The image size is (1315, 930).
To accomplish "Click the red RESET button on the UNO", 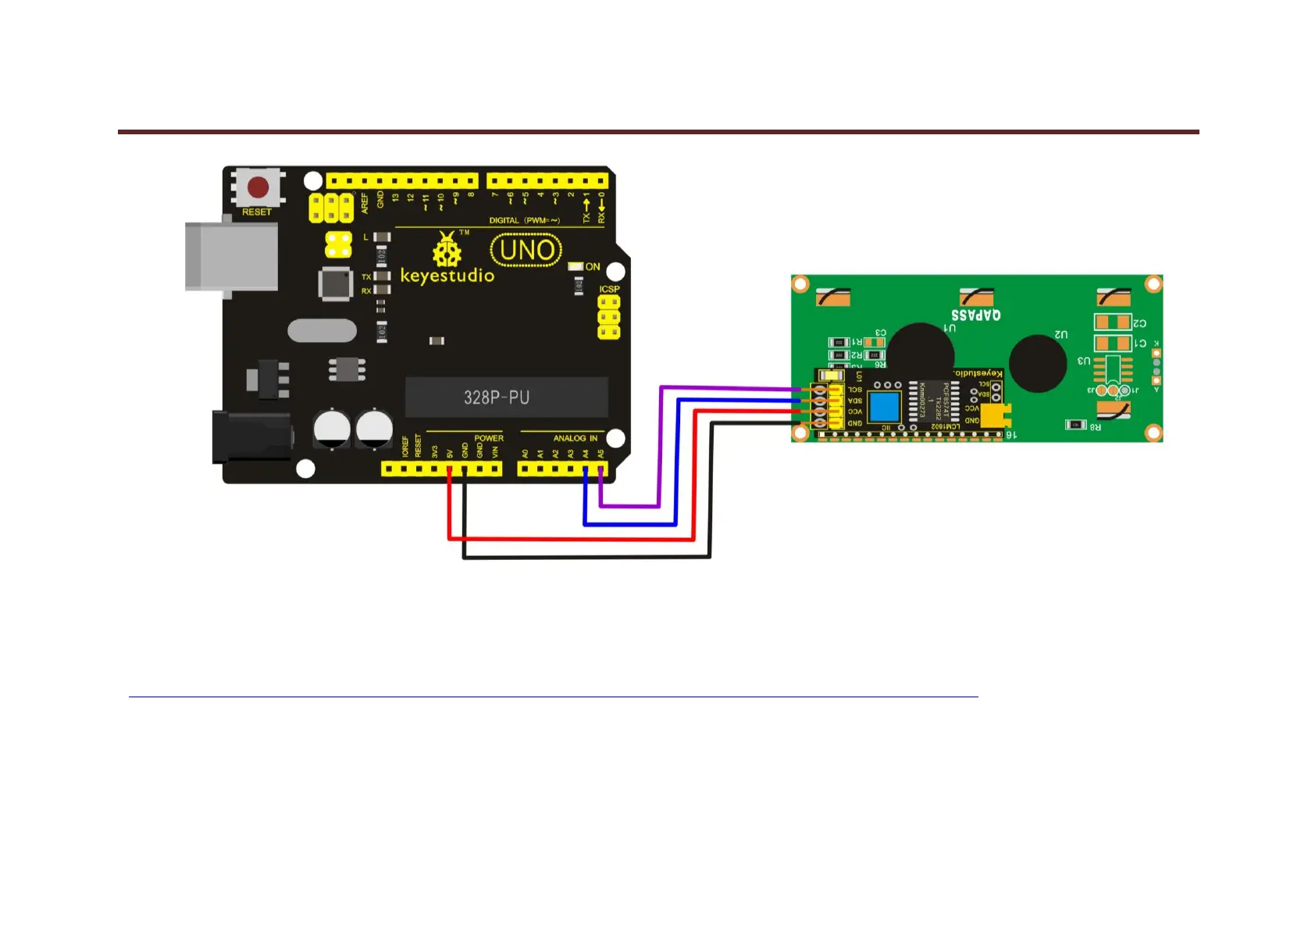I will [258, 187].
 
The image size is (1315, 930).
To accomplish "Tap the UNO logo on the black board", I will [526, 251].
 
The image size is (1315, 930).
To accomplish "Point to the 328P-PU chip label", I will [497, 397].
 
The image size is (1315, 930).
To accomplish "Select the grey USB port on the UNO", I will [231, 257].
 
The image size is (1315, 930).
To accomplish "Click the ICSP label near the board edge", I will [609, 289].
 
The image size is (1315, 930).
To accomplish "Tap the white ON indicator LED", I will [576, 267].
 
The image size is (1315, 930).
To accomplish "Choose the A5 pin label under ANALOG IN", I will [600, 454].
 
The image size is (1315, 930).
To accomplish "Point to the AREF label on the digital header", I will [365, 203].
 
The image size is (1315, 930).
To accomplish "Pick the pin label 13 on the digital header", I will [395, 198].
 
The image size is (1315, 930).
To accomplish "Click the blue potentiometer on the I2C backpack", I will [884, 407].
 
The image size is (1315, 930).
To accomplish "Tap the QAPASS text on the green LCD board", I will [975, 315].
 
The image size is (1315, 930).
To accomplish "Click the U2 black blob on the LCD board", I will [1038, 364].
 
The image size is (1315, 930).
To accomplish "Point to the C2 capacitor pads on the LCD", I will [1113, 322].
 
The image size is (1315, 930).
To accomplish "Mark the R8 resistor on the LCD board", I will [1076, 425].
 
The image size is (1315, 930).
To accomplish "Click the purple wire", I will [661, 445].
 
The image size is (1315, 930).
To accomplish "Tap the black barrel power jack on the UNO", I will [251, 437].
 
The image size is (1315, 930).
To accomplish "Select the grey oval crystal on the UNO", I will [322, 330].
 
